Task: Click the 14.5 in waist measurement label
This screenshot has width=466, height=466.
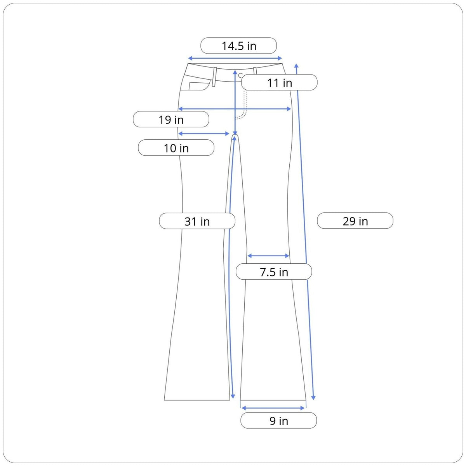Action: click(238, 46)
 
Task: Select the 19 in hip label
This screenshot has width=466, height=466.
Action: click(171, 119)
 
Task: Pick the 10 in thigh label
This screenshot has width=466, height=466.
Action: click(176, 148)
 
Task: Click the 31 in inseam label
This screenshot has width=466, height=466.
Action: click(197, 221)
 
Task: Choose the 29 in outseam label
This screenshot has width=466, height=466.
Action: click(355, 221)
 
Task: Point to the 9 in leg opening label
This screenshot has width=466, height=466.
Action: click(278, 421)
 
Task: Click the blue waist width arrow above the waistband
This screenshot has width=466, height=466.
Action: click(235, 58)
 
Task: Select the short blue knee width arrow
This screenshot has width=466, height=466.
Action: click(268, 256)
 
